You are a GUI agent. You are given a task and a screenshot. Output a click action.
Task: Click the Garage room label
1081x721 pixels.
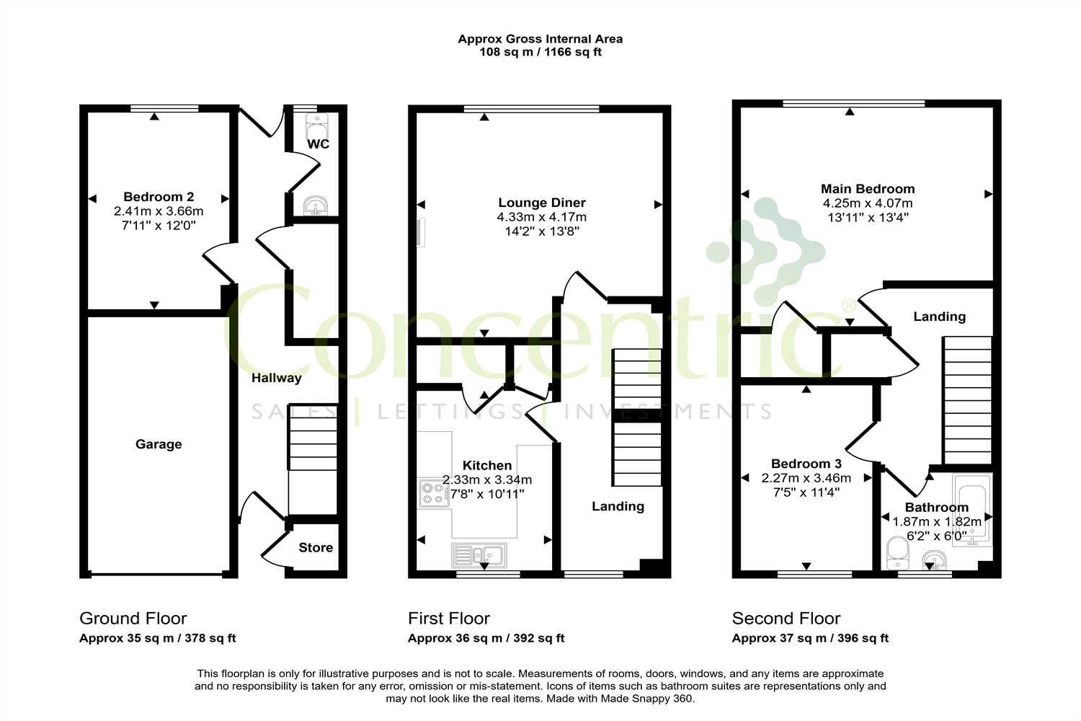click(x=159, y=444)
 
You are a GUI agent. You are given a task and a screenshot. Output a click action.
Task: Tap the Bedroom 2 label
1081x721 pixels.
click(x=159, y=197)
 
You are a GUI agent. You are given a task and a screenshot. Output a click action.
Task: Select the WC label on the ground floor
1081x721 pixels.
click(x=318, y=144)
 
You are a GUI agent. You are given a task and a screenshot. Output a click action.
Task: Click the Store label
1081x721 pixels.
click(x=316, y=548)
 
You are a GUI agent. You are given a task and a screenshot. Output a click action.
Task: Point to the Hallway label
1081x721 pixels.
click(x=276, y=378)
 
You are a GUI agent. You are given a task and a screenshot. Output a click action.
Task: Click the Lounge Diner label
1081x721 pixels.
click(x=542, y=203)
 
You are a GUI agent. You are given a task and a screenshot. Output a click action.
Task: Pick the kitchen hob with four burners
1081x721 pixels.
click(x=434, y=493)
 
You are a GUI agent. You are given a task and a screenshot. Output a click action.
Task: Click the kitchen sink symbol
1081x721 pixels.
click(x=479, y=555)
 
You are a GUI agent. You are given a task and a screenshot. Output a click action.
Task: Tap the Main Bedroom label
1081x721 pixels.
click(x=868, y=189)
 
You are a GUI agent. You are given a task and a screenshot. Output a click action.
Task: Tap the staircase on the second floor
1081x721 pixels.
click(x=968, y=400)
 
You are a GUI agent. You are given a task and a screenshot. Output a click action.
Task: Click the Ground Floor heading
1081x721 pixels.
click(x=133, y=619)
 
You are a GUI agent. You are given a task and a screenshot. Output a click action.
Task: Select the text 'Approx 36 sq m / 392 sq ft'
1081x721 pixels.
click(x=486, y=638)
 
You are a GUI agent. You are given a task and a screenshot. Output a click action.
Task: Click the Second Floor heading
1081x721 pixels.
click(x=786, y=619)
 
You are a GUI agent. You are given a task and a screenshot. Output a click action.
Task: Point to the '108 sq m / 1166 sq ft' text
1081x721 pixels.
click(x=540, y=52)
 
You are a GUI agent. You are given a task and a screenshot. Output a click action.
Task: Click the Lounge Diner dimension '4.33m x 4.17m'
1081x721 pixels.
click(x=542, y=217)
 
